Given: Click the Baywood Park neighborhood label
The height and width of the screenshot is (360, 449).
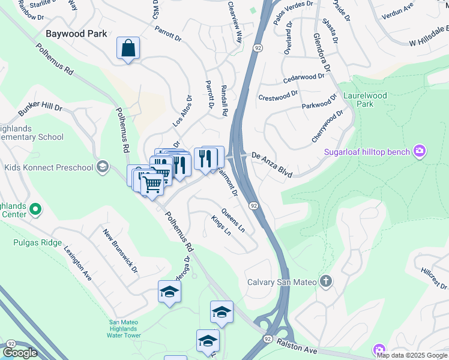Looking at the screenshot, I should pyautogui.click(x=77, y=34).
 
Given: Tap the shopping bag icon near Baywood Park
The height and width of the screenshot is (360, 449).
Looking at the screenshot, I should pyautogui.click(x=128, y=48).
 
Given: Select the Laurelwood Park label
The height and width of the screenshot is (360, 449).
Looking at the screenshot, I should pyautogui.click(x=365, y=100).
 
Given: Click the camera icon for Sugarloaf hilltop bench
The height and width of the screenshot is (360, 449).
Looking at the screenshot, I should pyautogui.click(x=420, y=151).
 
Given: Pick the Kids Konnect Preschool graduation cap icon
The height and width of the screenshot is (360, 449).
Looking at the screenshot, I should pyautogui.click(x=103, y=166).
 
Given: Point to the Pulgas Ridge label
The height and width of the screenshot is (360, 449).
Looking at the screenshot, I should pyautogui.click(x=37, y=242).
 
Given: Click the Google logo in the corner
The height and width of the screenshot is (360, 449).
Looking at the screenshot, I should pyautogui.click(x=19, y=353).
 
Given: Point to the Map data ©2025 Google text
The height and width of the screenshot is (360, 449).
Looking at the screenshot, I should pyautogui.click(x=412, y=355).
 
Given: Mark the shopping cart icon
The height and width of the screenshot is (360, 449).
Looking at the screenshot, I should pyautogui.click(x=152, y=185).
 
